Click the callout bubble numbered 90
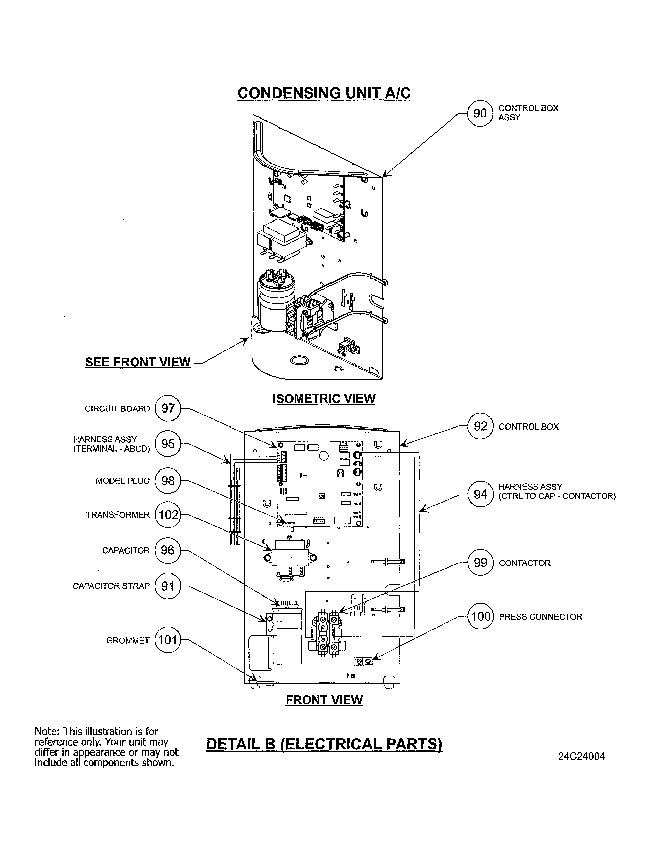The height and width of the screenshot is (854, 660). click(480, 113)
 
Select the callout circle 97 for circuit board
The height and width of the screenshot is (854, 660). click(168, 408)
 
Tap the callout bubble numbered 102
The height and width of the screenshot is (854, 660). click(168, 514)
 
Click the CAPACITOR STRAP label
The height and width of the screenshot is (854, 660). click(111, 586)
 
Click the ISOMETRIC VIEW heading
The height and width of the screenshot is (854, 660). click(324, 399)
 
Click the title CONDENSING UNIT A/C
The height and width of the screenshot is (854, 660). click(324, 93)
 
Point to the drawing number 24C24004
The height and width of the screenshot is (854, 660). click(581, 756)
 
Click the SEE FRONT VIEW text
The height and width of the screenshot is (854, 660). click(138, 362)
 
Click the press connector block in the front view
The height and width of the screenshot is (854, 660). click(363, 660)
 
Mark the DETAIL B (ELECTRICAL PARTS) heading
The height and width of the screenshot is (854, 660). click(324, 744)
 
